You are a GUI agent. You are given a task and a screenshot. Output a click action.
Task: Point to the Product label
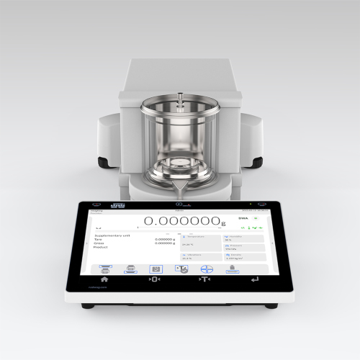pyautogui.click(x=101, y=248)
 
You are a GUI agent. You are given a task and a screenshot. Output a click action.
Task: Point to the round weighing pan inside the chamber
pyautogui.click(x=180, y=165)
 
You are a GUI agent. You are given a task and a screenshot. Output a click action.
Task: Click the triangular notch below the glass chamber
pyautogui.click(x=180, y=189)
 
